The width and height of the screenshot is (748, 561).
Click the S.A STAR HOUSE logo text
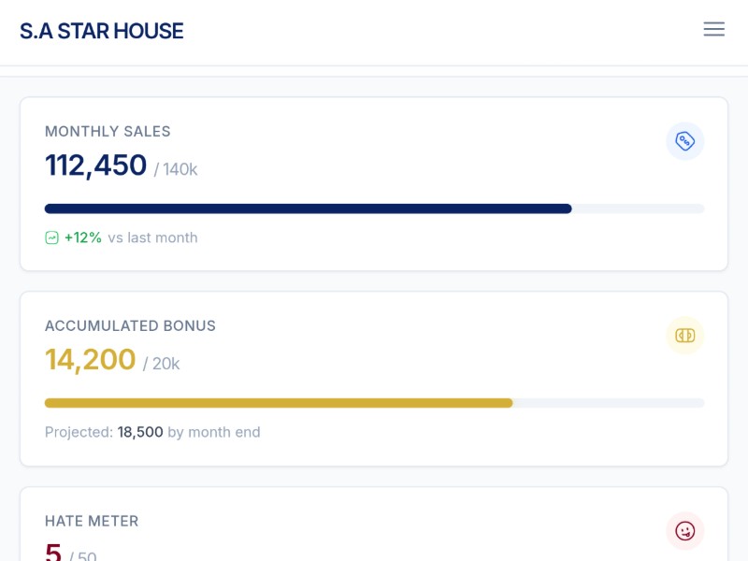tap(102, 31)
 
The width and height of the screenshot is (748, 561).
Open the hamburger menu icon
tap(714, 29)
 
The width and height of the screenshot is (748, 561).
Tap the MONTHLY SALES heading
tap(108, 132)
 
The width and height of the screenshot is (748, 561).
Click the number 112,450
tap(95, 165)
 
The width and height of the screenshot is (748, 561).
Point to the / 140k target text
tap(176, 169)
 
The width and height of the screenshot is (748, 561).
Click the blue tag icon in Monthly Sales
tap(685, 141)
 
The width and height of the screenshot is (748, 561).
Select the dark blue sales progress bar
tap(309, 209)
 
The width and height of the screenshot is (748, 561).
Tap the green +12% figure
tap(83, 237)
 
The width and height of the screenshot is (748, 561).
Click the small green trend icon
tap(52, 237)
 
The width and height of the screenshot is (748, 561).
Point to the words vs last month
tap(152, 237)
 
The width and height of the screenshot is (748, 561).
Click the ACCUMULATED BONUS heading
tap(130, 326)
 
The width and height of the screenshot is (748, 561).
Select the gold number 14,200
tap(90, 360)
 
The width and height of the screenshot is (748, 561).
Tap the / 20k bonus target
tap(161, 364)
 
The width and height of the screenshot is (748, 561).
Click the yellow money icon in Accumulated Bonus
tap(685, 336)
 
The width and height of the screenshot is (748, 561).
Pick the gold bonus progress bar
tap(279, 403)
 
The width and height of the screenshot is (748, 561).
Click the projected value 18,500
tap(140, 432)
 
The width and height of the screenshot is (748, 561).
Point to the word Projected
tap(79, 432)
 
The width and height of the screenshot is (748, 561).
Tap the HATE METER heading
tap(92, 522)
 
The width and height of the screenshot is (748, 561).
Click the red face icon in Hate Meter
tap(685, 531)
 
